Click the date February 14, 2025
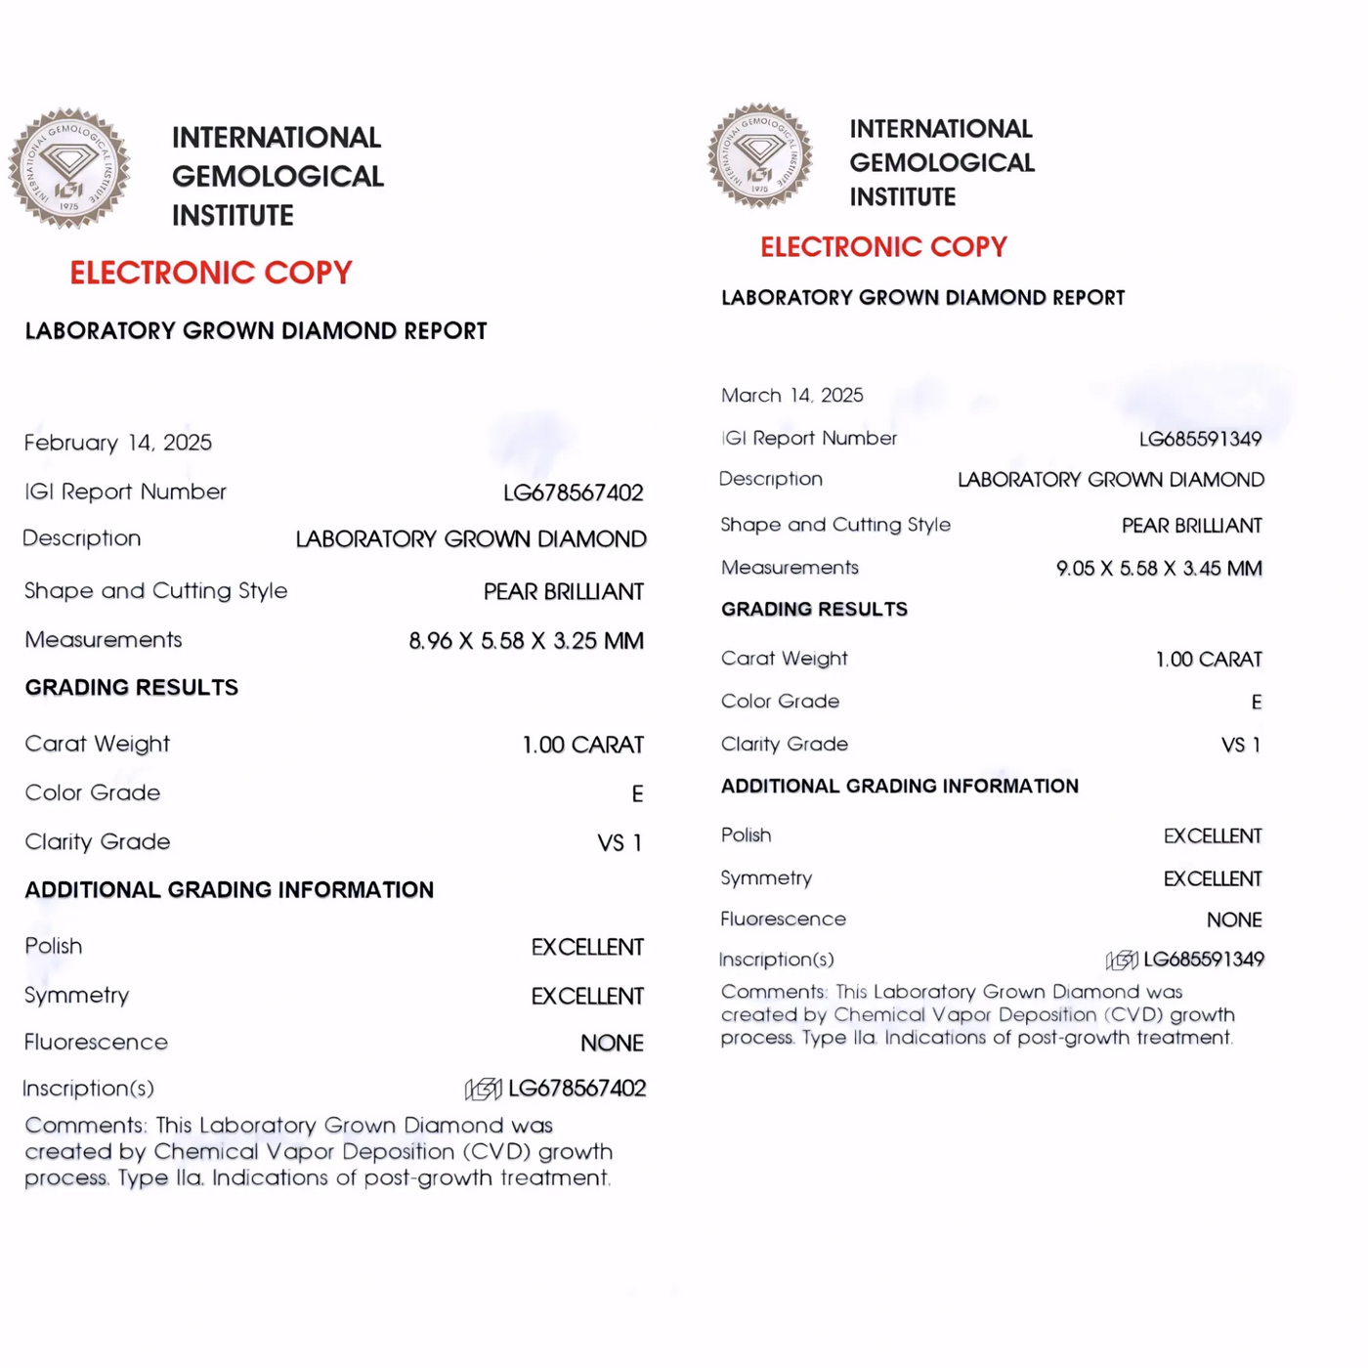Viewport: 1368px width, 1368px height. (118, 443)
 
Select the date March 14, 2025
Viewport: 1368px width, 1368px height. (792, 396)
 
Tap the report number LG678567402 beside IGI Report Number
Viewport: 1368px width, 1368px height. (574, 492)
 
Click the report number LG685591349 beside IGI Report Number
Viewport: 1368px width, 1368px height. (1200, 439)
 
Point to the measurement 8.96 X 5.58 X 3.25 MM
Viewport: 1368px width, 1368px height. (526, 641)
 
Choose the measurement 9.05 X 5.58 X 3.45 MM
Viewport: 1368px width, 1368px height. (1159, 569)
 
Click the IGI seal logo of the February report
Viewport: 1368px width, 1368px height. (69, 168)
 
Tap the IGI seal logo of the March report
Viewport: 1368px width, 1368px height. (760, 156)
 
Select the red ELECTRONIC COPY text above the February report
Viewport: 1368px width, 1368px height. (211, 273)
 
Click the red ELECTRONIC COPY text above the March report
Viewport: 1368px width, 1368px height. (883, 247)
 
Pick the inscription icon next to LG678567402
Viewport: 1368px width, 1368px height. (483, 1089)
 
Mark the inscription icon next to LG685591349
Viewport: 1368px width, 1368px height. (1122, 960)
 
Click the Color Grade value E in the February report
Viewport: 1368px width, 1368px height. (637, 793)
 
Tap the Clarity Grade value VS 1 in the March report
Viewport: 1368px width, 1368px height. (1241, 746)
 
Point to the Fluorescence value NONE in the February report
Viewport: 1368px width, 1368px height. (612, 1044)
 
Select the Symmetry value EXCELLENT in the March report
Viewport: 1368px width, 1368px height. (1213, 879)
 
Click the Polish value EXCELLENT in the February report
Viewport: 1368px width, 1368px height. (587, 947)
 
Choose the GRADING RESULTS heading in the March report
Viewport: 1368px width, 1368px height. (814, 610)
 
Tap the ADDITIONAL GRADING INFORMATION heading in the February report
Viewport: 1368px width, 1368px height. (230, 890)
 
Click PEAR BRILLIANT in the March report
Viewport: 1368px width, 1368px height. (1191, 526)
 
